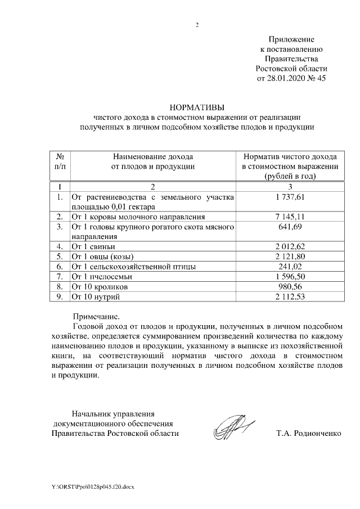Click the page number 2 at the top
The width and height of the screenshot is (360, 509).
coord(197,25)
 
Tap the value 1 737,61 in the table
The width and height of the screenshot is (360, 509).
coord(290,197)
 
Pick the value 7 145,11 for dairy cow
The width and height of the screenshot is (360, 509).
coord(290,217)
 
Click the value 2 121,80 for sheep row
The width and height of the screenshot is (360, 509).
coord(290,256)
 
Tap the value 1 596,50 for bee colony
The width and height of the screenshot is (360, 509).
coord(290,276)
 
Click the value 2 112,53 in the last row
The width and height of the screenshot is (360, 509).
coord(290,296)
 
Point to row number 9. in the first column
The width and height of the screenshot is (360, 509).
coord(60,296)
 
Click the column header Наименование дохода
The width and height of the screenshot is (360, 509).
coord(152,156)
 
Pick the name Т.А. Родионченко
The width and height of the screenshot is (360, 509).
coord(309,434)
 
